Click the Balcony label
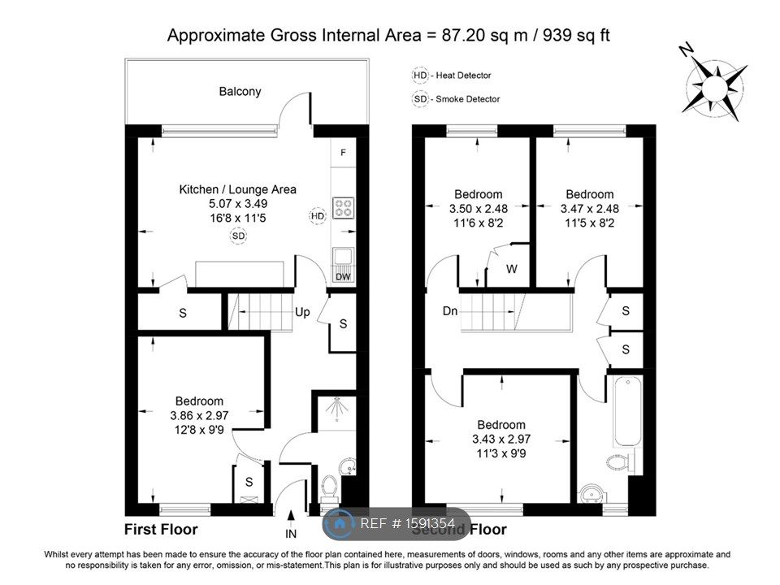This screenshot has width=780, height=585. (240, 91)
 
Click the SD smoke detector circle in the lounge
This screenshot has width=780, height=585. (238, 236)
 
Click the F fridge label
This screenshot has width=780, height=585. (344, 153)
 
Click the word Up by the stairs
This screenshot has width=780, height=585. (302, 312)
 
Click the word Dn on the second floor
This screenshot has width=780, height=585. (450, 311)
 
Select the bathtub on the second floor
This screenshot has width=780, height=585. (627, 413)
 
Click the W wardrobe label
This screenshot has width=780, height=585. (511, 269)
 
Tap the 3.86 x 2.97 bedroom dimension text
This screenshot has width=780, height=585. (200, 416)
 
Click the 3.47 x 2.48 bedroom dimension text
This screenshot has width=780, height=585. (589, 209)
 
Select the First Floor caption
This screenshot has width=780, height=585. (160, 530)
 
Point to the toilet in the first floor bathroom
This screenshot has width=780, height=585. (329, 487)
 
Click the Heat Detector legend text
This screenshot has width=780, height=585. (463, 76)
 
